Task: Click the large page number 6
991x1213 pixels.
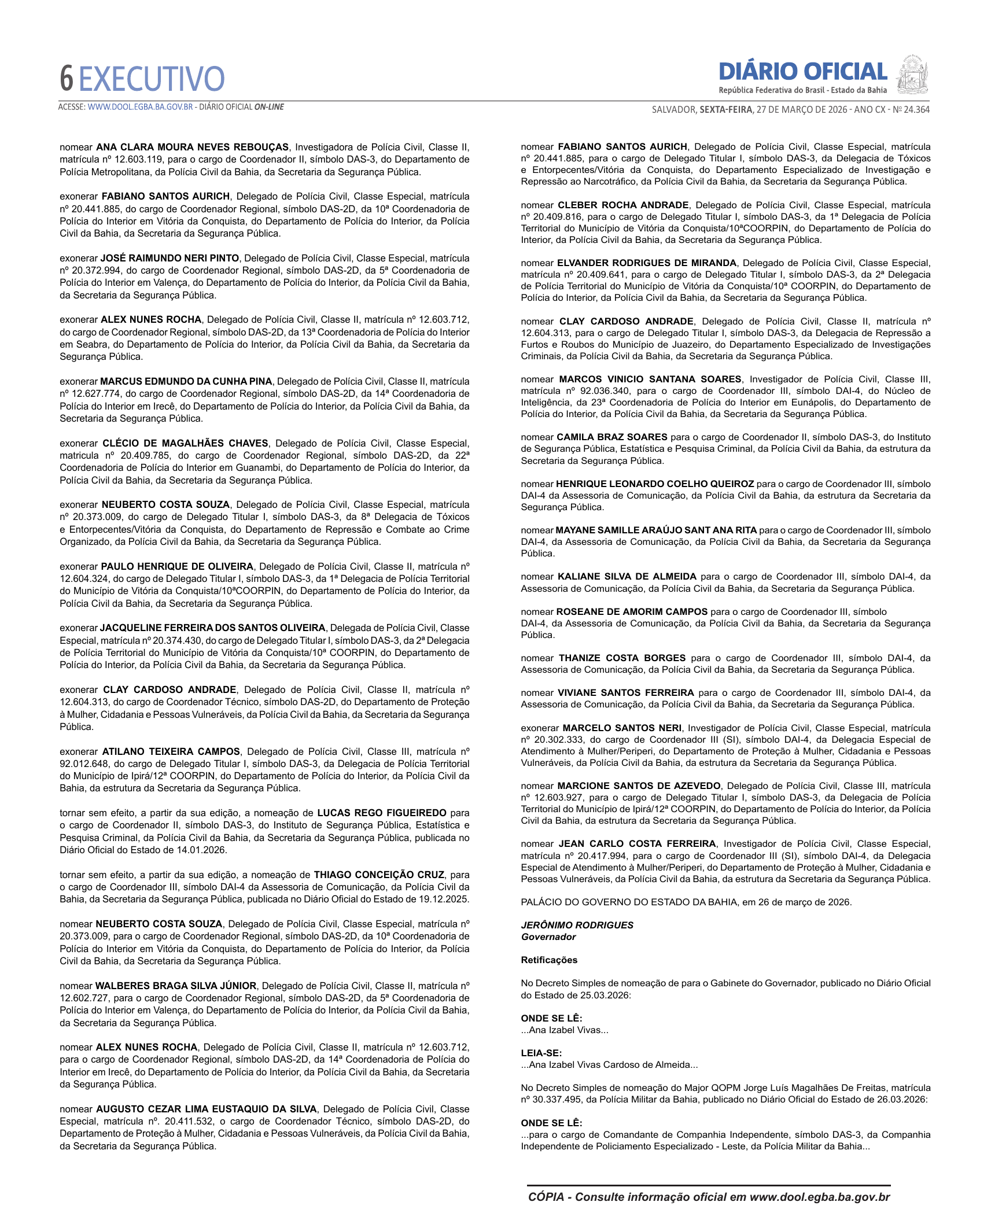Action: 67,79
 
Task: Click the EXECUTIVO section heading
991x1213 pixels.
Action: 152,79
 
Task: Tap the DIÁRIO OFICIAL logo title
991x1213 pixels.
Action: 802,72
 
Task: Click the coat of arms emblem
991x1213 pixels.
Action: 912,75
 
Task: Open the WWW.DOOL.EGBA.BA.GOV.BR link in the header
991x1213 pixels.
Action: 140,107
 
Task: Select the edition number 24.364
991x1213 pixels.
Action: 916,109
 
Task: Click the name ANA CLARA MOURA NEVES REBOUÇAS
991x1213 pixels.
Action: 192,148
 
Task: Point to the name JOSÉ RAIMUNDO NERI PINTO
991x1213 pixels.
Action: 170,259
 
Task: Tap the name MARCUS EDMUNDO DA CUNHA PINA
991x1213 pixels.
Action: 186,382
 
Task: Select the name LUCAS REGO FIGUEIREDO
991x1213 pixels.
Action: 381,813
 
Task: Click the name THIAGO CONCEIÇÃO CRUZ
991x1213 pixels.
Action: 379,875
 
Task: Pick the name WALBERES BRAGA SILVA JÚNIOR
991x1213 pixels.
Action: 176,986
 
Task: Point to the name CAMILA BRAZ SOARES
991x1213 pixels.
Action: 611,437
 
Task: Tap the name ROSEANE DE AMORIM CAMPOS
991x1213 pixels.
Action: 632,612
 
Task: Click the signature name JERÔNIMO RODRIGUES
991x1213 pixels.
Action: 577,926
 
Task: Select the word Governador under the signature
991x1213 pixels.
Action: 548,937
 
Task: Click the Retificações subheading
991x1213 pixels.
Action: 549,960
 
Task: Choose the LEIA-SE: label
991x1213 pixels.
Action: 541,1053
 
